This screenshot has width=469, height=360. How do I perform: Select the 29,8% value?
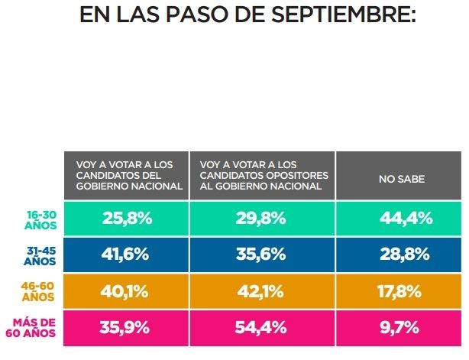(x=262, y=219)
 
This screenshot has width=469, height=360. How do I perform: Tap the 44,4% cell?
(x=399, y=219)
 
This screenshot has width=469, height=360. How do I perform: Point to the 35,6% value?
(x=262, y=255)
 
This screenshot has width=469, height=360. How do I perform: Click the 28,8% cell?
(x=399, y=255)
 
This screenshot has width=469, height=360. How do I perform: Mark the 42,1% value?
(x=262, y=291)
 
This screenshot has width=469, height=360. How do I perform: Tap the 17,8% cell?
(x=399, y=291)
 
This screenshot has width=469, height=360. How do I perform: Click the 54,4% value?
(x=262, y=328)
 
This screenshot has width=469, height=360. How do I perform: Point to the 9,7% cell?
(x=399, y=328)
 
